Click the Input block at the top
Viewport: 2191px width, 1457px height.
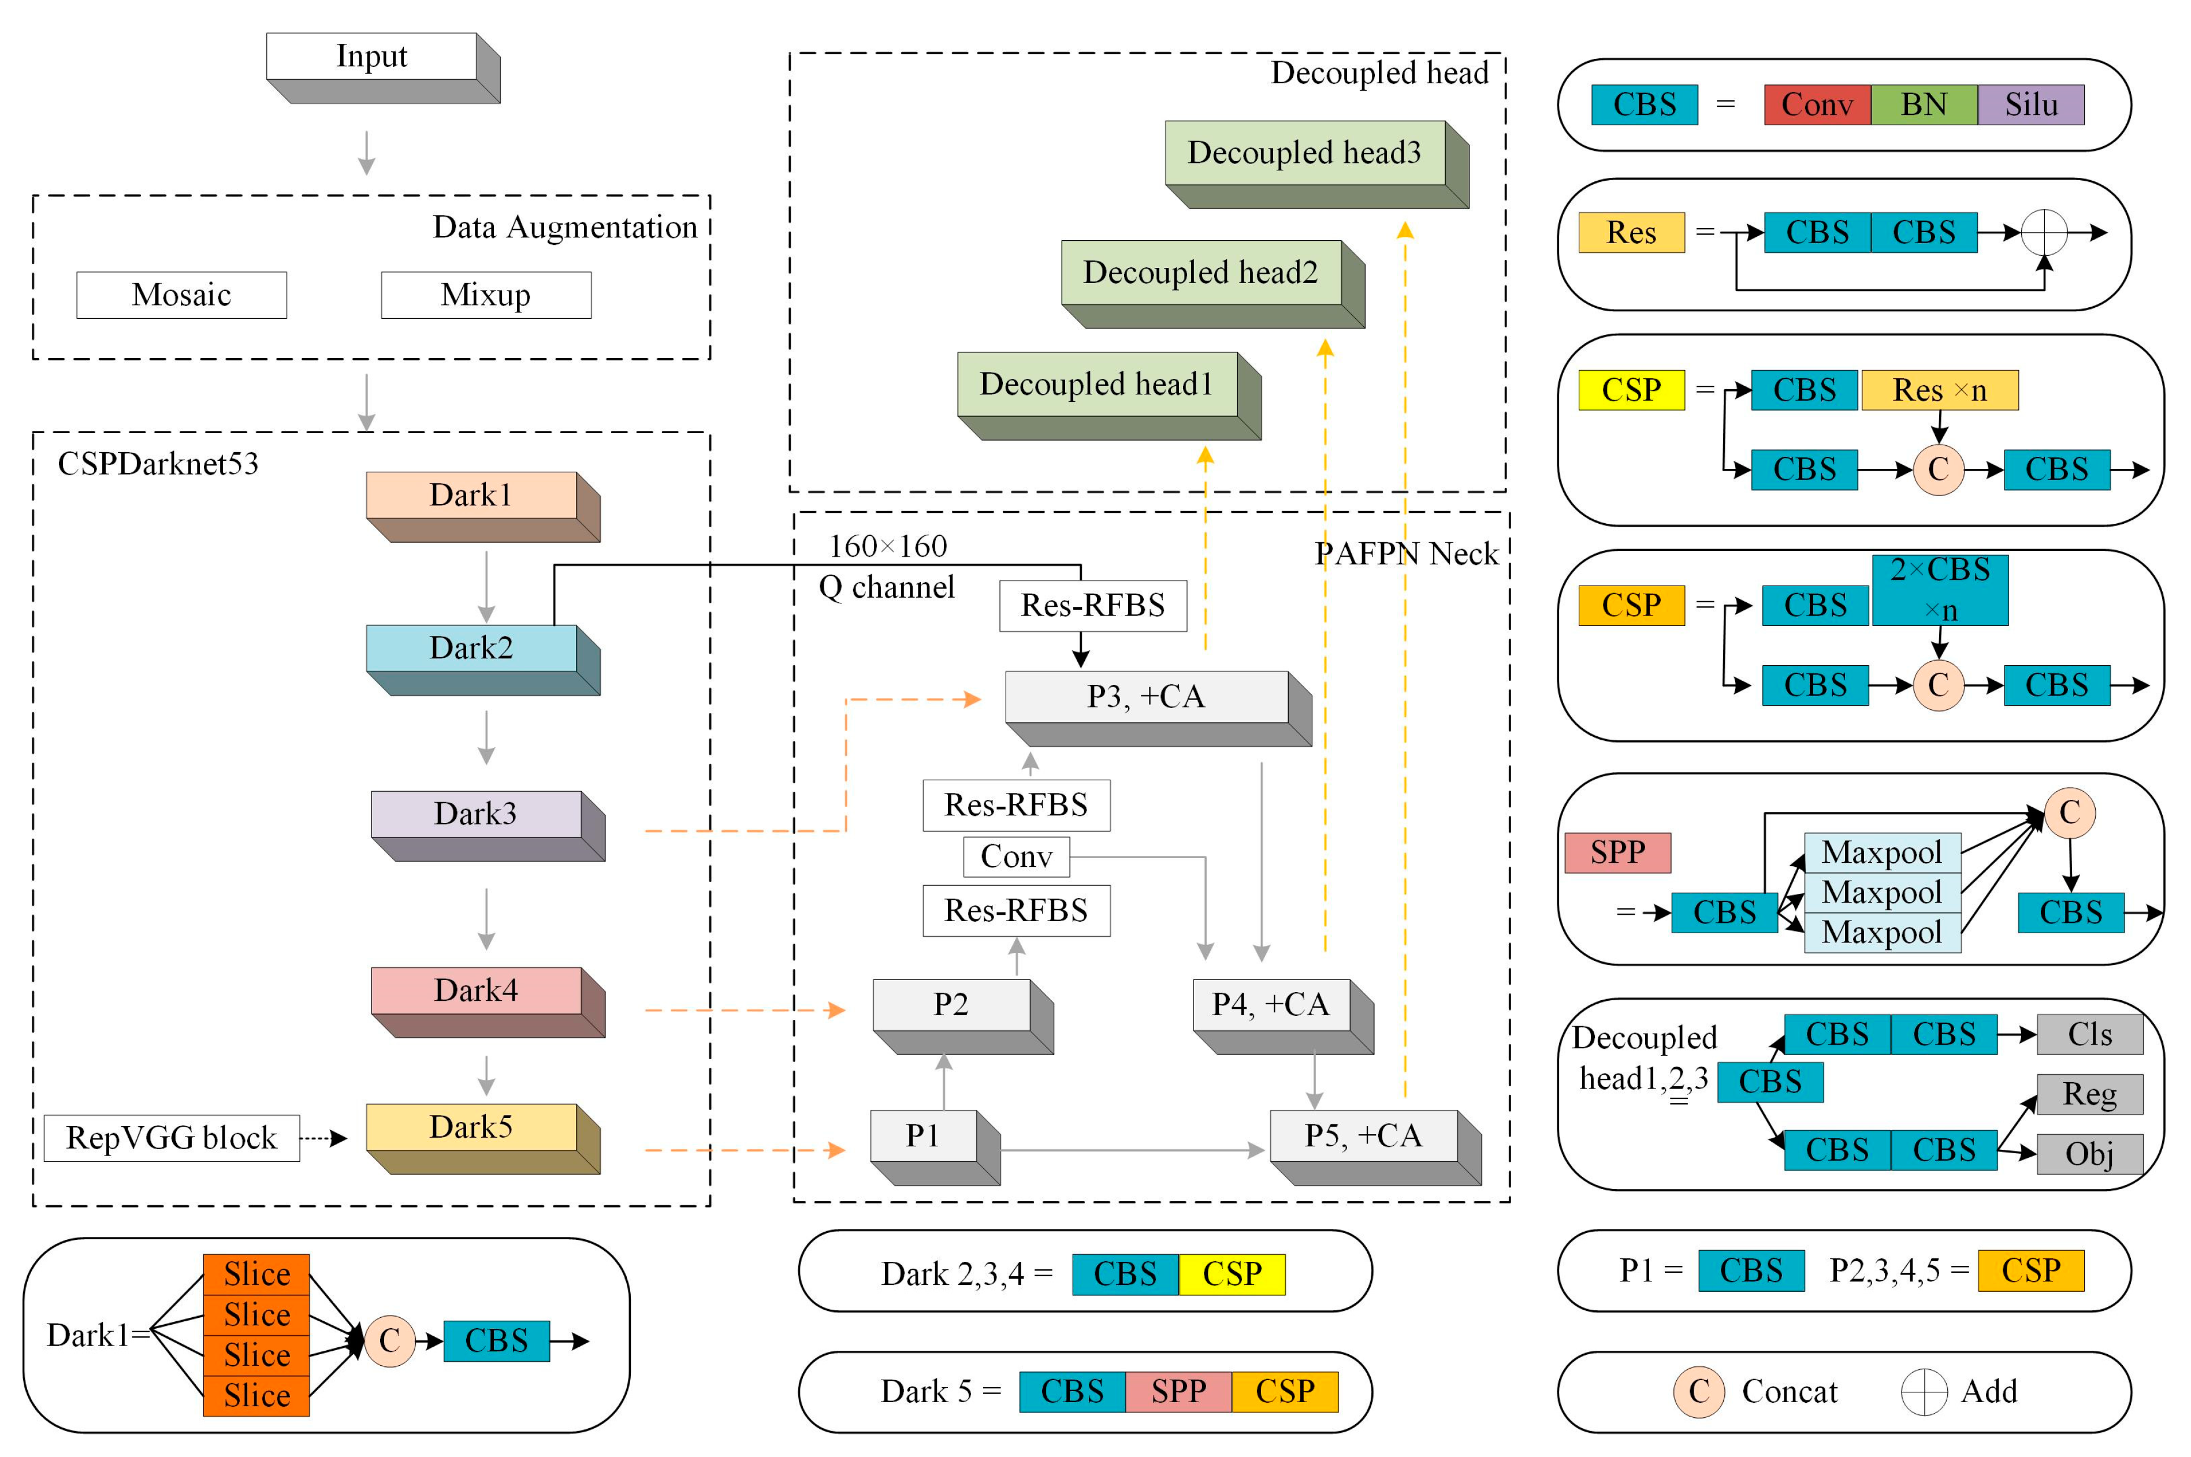[x=371, y=58]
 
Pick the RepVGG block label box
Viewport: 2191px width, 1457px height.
[x=172, y=1138]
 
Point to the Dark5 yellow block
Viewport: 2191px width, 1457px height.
[x=471, y=1127]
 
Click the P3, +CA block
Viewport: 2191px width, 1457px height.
[x=1145, y=697]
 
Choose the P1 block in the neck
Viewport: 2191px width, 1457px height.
[x=922, y=1135]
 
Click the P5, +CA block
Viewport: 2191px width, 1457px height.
[x=1363, y=1135]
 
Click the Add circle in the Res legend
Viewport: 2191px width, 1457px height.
[x=2043, y=232]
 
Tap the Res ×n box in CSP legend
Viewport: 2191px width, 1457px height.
[x=1939, y=390]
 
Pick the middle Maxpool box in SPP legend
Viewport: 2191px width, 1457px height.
[x=1881, y=893]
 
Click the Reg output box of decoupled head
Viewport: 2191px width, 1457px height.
[x=2089, y=1094]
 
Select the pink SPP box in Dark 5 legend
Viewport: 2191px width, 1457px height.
[x=1178, y=1392]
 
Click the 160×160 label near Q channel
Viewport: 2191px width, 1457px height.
[x=887, y=546]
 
